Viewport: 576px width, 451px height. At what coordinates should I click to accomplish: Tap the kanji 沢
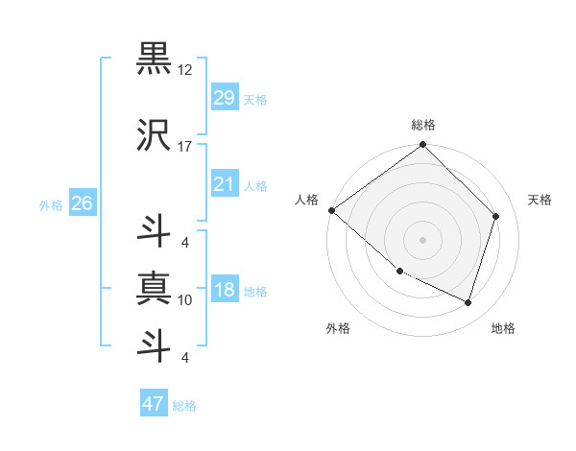(153, 136)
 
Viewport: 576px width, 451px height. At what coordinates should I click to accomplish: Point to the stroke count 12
(185, 71)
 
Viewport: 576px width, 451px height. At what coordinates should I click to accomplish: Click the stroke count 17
(185, 147)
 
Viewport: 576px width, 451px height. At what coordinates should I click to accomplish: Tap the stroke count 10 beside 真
(185, 300)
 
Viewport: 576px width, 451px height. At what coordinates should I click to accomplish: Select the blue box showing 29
(224, 98)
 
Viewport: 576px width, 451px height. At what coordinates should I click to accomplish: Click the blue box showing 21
(224, 184)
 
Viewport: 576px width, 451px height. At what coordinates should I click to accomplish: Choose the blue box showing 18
(224, 291)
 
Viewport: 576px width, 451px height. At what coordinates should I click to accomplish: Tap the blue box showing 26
(82, 203)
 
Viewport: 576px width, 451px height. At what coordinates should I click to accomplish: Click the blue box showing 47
(153, 404)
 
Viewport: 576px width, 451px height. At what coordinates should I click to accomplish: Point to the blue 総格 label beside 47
(184, 406)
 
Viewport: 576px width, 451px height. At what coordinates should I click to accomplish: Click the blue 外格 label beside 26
(51, 204)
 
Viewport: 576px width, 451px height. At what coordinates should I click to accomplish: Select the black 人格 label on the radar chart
(307, 200)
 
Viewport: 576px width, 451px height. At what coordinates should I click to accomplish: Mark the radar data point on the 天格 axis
(496, 216)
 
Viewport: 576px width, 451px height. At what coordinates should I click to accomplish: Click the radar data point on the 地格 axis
(468, 303)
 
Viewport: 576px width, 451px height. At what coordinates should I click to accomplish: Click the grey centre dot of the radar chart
(422, 240)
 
